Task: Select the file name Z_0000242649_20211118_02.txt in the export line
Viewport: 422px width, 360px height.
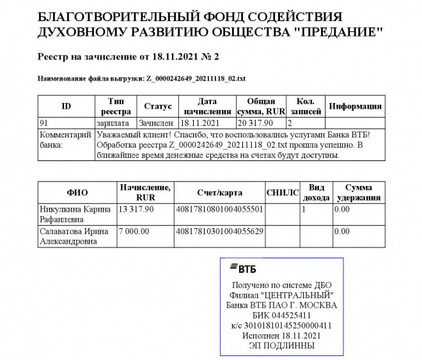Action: coord(196,78)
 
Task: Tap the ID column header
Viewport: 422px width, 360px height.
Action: coord(66,106)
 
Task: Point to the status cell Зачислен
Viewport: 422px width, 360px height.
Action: coord(156,123)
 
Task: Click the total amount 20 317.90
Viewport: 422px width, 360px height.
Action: coord(256,123)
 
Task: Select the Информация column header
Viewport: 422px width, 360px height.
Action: coord(355,106)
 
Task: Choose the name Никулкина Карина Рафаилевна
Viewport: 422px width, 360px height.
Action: coord(74,214)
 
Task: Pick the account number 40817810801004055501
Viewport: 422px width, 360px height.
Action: coord(219,209)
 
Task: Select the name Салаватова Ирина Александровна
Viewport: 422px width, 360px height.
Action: coord(74,236)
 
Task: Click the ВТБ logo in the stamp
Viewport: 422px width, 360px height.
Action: coord(242,269)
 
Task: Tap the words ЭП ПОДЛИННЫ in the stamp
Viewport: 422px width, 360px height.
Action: coord(282,345)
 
